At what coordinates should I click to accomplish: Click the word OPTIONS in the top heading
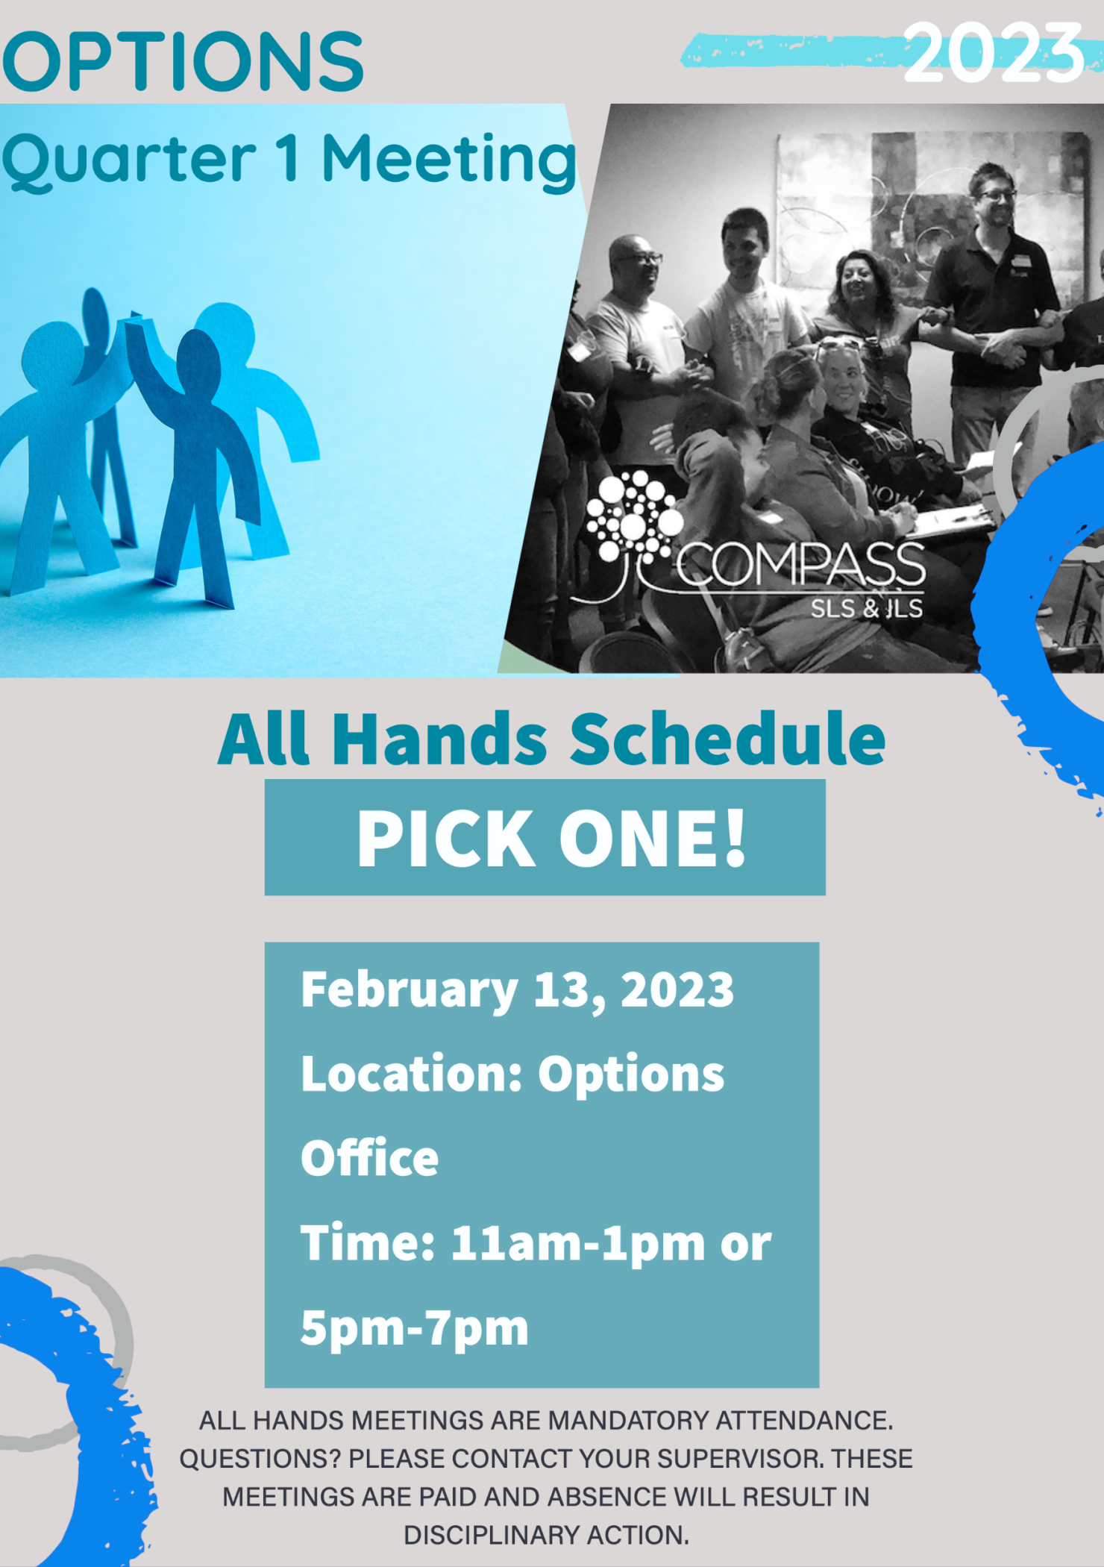pos(184,61)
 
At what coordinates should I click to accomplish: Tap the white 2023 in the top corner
pos(993,52)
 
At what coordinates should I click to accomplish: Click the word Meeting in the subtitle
pos(450,162)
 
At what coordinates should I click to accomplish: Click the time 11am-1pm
pos(578,1245)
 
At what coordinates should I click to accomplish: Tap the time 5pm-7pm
pos(415,1330)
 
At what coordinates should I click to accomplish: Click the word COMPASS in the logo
pos(801,565)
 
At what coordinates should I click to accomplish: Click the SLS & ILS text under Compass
pos(867,608)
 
